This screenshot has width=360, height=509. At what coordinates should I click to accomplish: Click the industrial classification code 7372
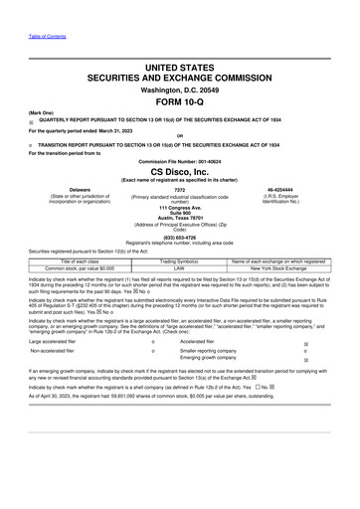point(179,189)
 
